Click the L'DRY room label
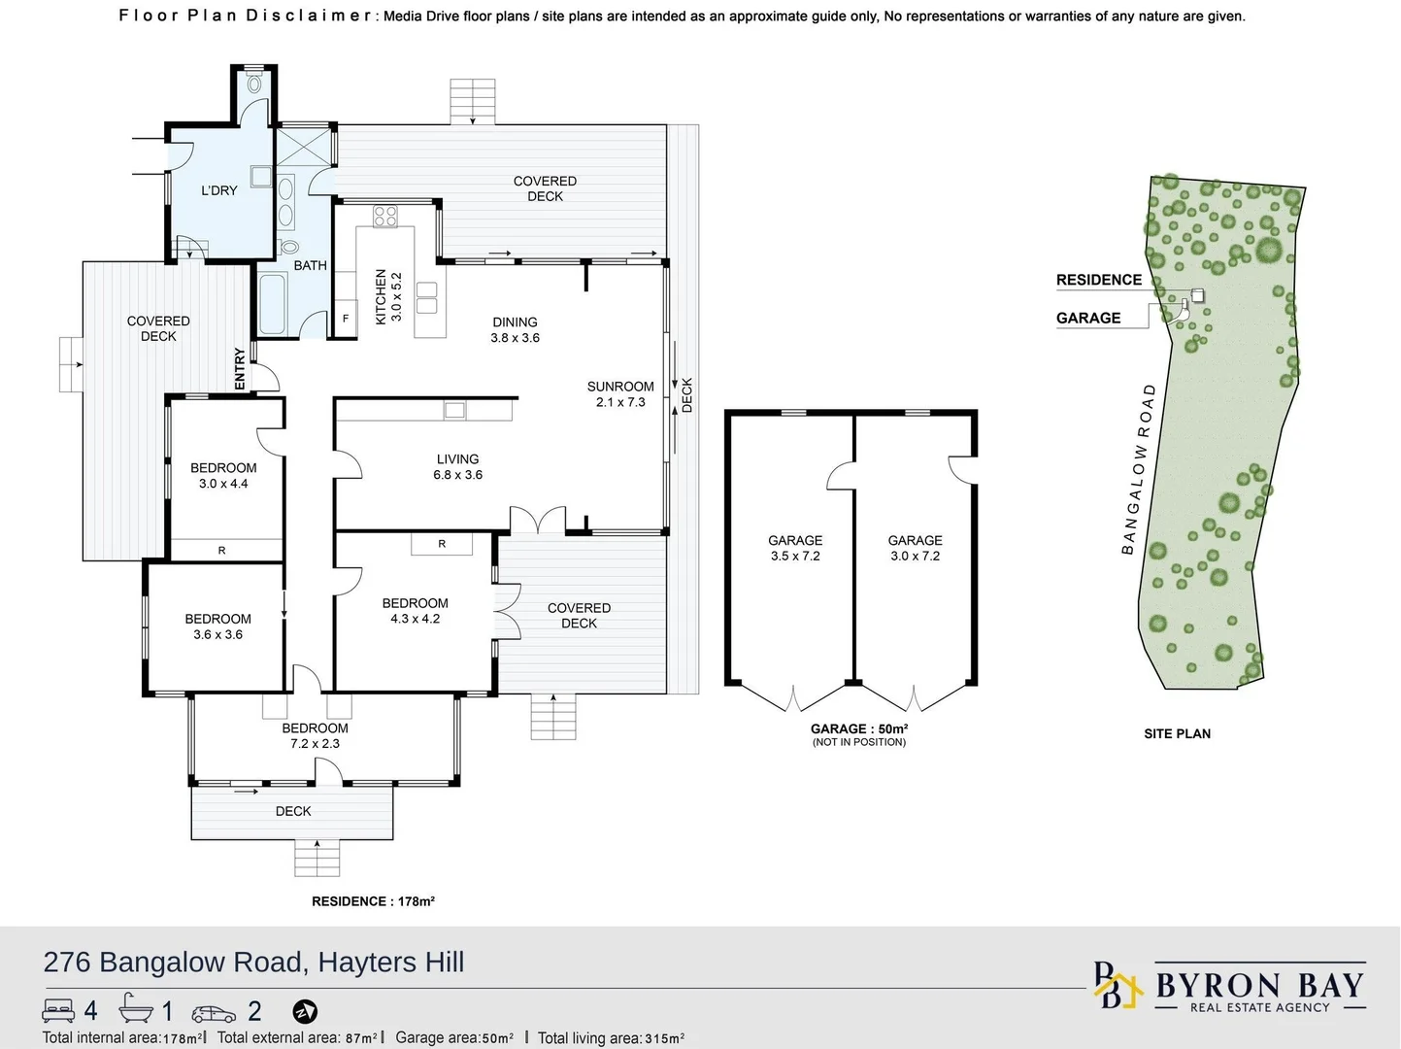click(x=218, y=190)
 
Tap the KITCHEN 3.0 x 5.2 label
click(x=387, y=296)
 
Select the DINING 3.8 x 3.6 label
click(x=515, y=330)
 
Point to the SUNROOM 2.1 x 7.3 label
click(x=620, y=394)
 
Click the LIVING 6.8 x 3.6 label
click(x=457, y=467)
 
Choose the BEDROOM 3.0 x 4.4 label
click(x=223, y=476)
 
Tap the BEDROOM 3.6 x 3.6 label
click(x=217, y=626)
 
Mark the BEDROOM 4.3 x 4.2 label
click(x=415, y=611)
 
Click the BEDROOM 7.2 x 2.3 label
click(x=315, y=735)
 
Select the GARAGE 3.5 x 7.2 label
click(x=795, y=548)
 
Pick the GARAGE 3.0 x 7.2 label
click(x=915, y=548)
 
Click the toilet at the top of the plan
click(x=254, y=84)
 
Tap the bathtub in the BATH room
click(x=273, y=303)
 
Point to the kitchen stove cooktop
click(x=385, y=217)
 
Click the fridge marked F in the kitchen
click(x=345, y=319)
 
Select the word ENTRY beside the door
click(x=240, y=369)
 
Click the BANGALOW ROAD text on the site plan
click(x=1138, y=469)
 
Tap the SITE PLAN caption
click(x=1177, y=733)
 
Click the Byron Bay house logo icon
click(x=1117, y=987)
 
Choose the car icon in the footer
click(x=214, y=1013)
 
